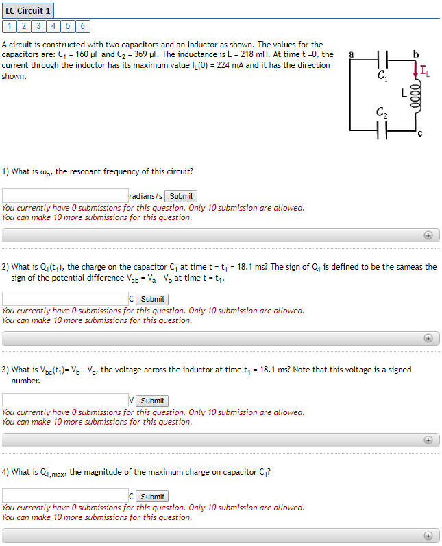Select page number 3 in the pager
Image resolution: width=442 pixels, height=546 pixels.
(x=38, y=26)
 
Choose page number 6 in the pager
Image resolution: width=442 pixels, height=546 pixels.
(x=83, y=26)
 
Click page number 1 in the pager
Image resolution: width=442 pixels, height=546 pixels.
(x=8, y=26)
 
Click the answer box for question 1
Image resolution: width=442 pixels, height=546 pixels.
(x=65, y=195)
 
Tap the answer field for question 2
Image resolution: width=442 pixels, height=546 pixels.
(x=65, y=298)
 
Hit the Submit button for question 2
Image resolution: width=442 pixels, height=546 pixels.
(x=152, y=299)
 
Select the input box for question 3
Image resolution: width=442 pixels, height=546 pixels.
(x=65, y=400)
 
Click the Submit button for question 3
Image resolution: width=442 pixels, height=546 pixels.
(x=152, y=401)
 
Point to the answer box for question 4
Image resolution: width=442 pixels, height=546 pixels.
(x=65, y=495)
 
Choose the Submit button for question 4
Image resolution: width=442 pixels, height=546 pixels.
(x=152, y=496)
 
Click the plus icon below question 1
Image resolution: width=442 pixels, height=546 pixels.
(x=428, y=235)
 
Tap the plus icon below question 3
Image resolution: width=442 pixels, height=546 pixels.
(x=428, y=440)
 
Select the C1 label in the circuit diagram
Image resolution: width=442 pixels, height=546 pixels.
(x=382, y=78)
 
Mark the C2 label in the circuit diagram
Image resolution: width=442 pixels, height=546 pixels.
(x=382, y=112)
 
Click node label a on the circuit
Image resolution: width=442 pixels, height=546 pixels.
(x=351, y=53)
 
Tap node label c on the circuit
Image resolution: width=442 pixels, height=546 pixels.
(x=419, y=134)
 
